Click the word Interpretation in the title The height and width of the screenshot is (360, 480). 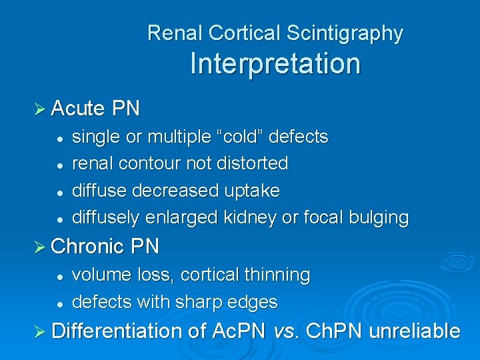click(275, 64)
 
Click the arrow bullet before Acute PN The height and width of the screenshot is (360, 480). click(39, 108)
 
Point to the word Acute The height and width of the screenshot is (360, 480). click(77, 108)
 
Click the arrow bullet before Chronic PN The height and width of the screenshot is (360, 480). click(39, 247)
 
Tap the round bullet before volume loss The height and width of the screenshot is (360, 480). click(59, 275)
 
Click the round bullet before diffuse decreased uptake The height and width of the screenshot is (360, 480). click(59, 191)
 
